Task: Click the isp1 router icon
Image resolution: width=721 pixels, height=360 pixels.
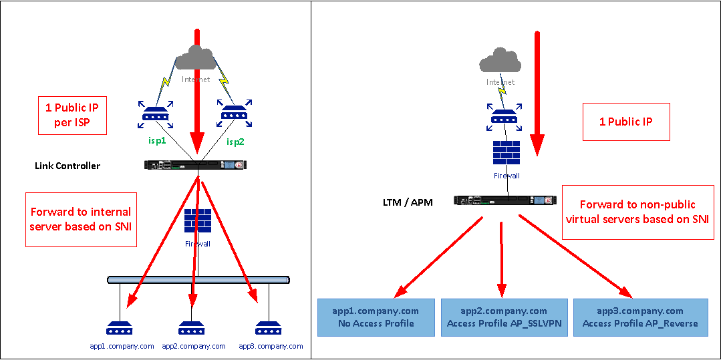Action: click(x=154, y=116)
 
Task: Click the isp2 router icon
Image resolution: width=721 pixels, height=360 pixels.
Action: click(x=236, y=116)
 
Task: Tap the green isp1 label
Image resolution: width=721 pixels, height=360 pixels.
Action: click(x=158, y=141)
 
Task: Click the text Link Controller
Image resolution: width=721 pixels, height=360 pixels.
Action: click(x=67, y=166)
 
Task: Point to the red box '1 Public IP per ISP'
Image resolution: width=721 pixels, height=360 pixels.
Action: click(x=71, y=116)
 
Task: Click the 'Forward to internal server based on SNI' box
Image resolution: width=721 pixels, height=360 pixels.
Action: click(x=81, y=219)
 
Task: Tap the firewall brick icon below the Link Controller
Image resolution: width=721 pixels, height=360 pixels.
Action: click(x=198, y=221)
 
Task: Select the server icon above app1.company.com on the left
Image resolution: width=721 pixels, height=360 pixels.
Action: click(x=121, y=329)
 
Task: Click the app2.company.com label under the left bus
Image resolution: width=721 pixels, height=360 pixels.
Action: click(x=194, y=347)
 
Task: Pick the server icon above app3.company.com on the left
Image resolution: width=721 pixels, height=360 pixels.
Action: click(x=269, y=329)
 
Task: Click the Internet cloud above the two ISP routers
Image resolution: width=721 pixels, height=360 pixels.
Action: click(x=196, y=58)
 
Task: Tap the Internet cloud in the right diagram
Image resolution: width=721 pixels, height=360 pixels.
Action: click(x=500, y=62)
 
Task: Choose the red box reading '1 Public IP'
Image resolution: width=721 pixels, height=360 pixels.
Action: click(x=626, y=122)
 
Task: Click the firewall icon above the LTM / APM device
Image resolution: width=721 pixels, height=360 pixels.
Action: click(x=506, y=154)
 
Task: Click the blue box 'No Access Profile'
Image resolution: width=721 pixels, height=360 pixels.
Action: click(x=376, y=317)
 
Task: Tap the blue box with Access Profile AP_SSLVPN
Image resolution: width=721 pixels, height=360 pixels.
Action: click(x=504, y=317)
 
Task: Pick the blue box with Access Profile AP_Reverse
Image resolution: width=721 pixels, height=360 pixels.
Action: click(x=639, y=317)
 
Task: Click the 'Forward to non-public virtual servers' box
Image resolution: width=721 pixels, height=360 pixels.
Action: click(x=637, y=212)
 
